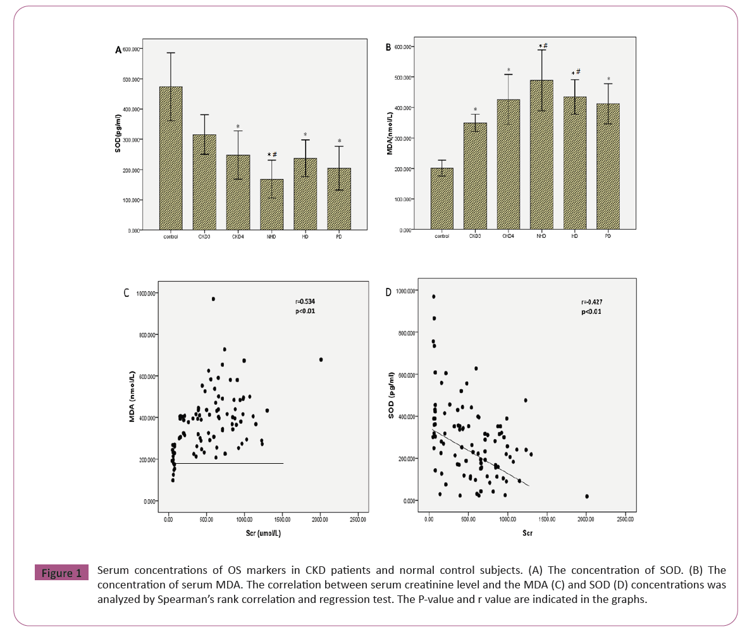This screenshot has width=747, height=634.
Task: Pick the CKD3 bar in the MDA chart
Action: [475, 177]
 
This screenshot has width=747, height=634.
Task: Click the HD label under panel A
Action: [304, 237]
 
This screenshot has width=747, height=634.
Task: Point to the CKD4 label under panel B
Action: [508, 235]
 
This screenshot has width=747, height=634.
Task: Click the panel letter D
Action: [388, 293]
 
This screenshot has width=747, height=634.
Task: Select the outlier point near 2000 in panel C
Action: [321, 359]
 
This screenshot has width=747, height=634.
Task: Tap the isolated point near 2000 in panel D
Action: [587, 497]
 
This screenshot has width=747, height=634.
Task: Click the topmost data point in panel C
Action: [213, 299]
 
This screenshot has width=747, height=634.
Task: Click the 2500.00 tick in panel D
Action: [625, 519]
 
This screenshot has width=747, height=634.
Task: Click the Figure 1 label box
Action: [61, 574]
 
